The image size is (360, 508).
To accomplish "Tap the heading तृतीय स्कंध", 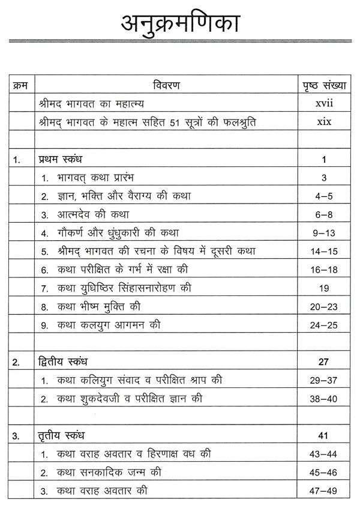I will coord(61,435).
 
